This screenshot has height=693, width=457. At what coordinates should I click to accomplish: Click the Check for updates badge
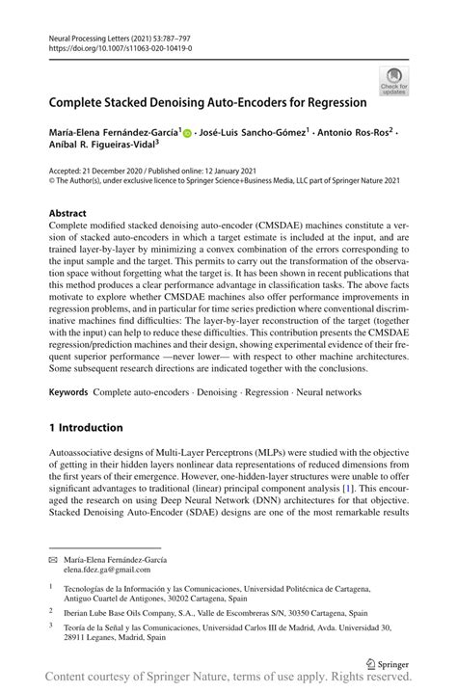[393, 80]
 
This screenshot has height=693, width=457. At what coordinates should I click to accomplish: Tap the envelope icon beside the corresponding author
[54, 559]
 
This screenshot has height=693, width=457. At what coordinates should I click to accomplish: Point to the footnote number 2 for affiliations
[51, 610]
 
